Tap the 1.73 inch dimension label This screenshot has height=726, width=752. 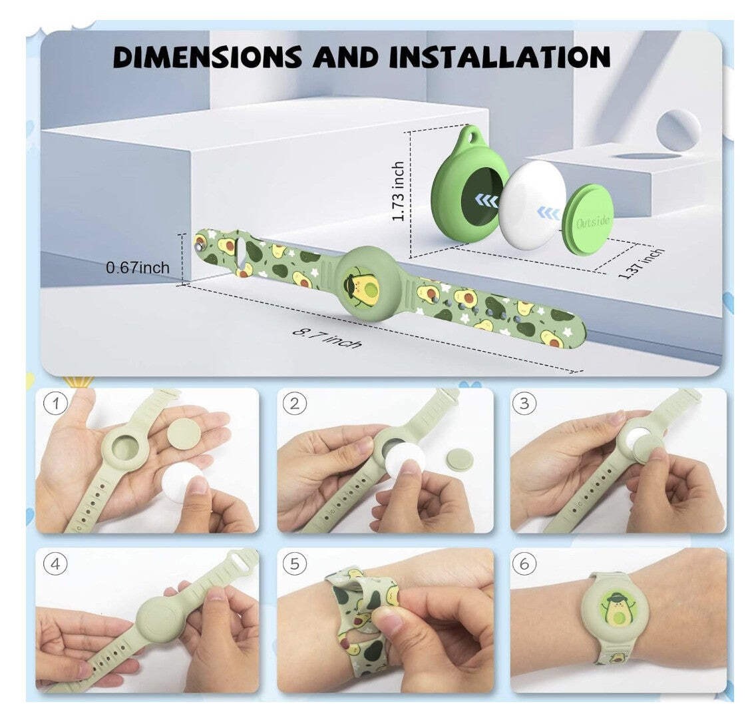click(x=398, y=192)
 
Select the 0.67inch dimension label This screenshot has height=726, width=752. click(x=138, y=268)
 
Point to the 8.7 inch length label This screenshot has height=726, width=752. click(x=328, y=336)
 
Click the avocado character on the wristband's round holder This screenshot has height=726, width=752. click(x=363, y=282)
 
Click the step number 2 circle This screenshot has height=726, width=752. click(x=293, y=404)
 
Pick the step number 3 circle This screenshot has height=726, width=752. click(x=525, y=404)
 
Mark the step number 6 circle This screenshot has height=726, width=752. click(x=525, y=564)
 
